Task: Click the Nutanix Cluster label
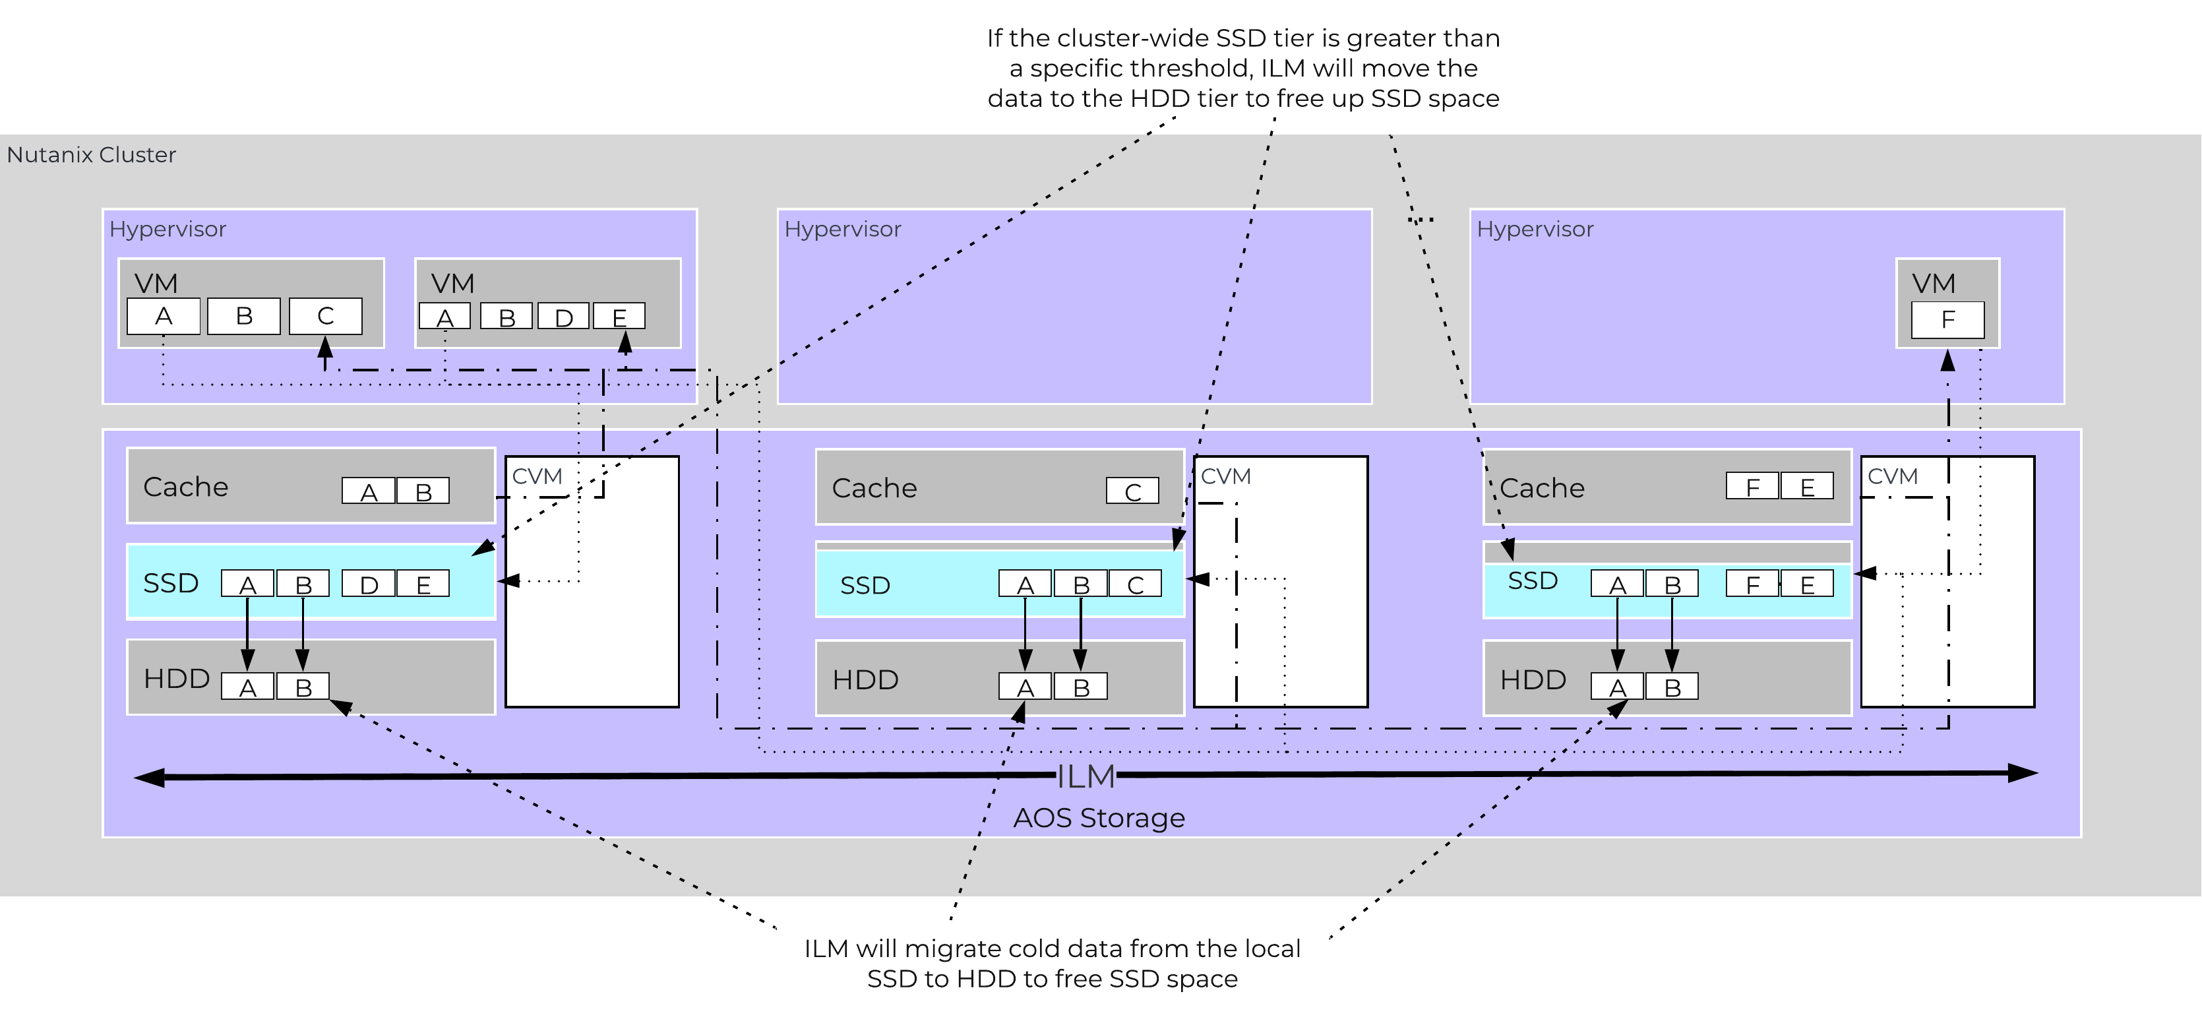(92, 155)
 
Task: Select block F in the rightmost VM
(1947, 320)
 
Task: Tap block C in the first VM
(325, 316)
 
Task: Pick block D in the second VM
(563, 317)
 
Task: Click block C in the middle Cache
(1132, 491)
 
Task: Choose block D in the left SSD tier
(369, 584)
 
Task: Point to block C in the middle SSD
(1135, 584)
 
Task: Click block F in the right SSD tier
(1752, 584)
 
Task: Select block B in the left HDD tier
(303, 687)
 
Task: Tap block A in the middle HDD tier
(1025, 687)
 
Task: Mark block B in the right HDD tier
(1672, 687)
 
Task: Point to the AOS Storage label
(1099, 818)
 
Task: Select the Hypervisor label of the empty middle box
(842, 229)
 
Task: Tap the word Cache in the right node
(1541, 488)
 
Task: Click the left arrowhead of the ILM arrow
(147, 778)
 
